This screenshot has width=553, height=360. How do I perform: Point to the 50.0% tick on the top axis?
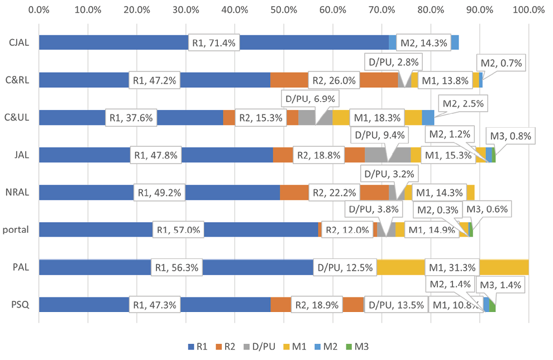tap(284, 9)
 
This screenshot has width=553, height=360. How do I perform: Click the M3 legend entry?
tap(363, 347)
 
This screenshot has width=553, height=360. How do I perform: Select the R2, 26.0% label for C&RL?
tap(333, 80)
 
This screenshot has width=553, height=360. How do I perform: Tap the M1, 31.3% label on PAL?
tap(451, 267)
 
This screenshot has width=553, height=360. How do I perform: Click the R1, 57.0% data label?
tap(179, 230)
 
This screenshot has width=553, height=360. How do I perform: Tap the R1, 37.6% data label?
tap(131, 118)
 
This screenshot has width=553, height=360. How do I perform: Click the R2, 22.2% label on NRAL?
tap(333, 193)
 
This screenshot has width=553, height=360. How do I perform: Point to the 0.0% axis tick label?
tap(39, 9)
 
